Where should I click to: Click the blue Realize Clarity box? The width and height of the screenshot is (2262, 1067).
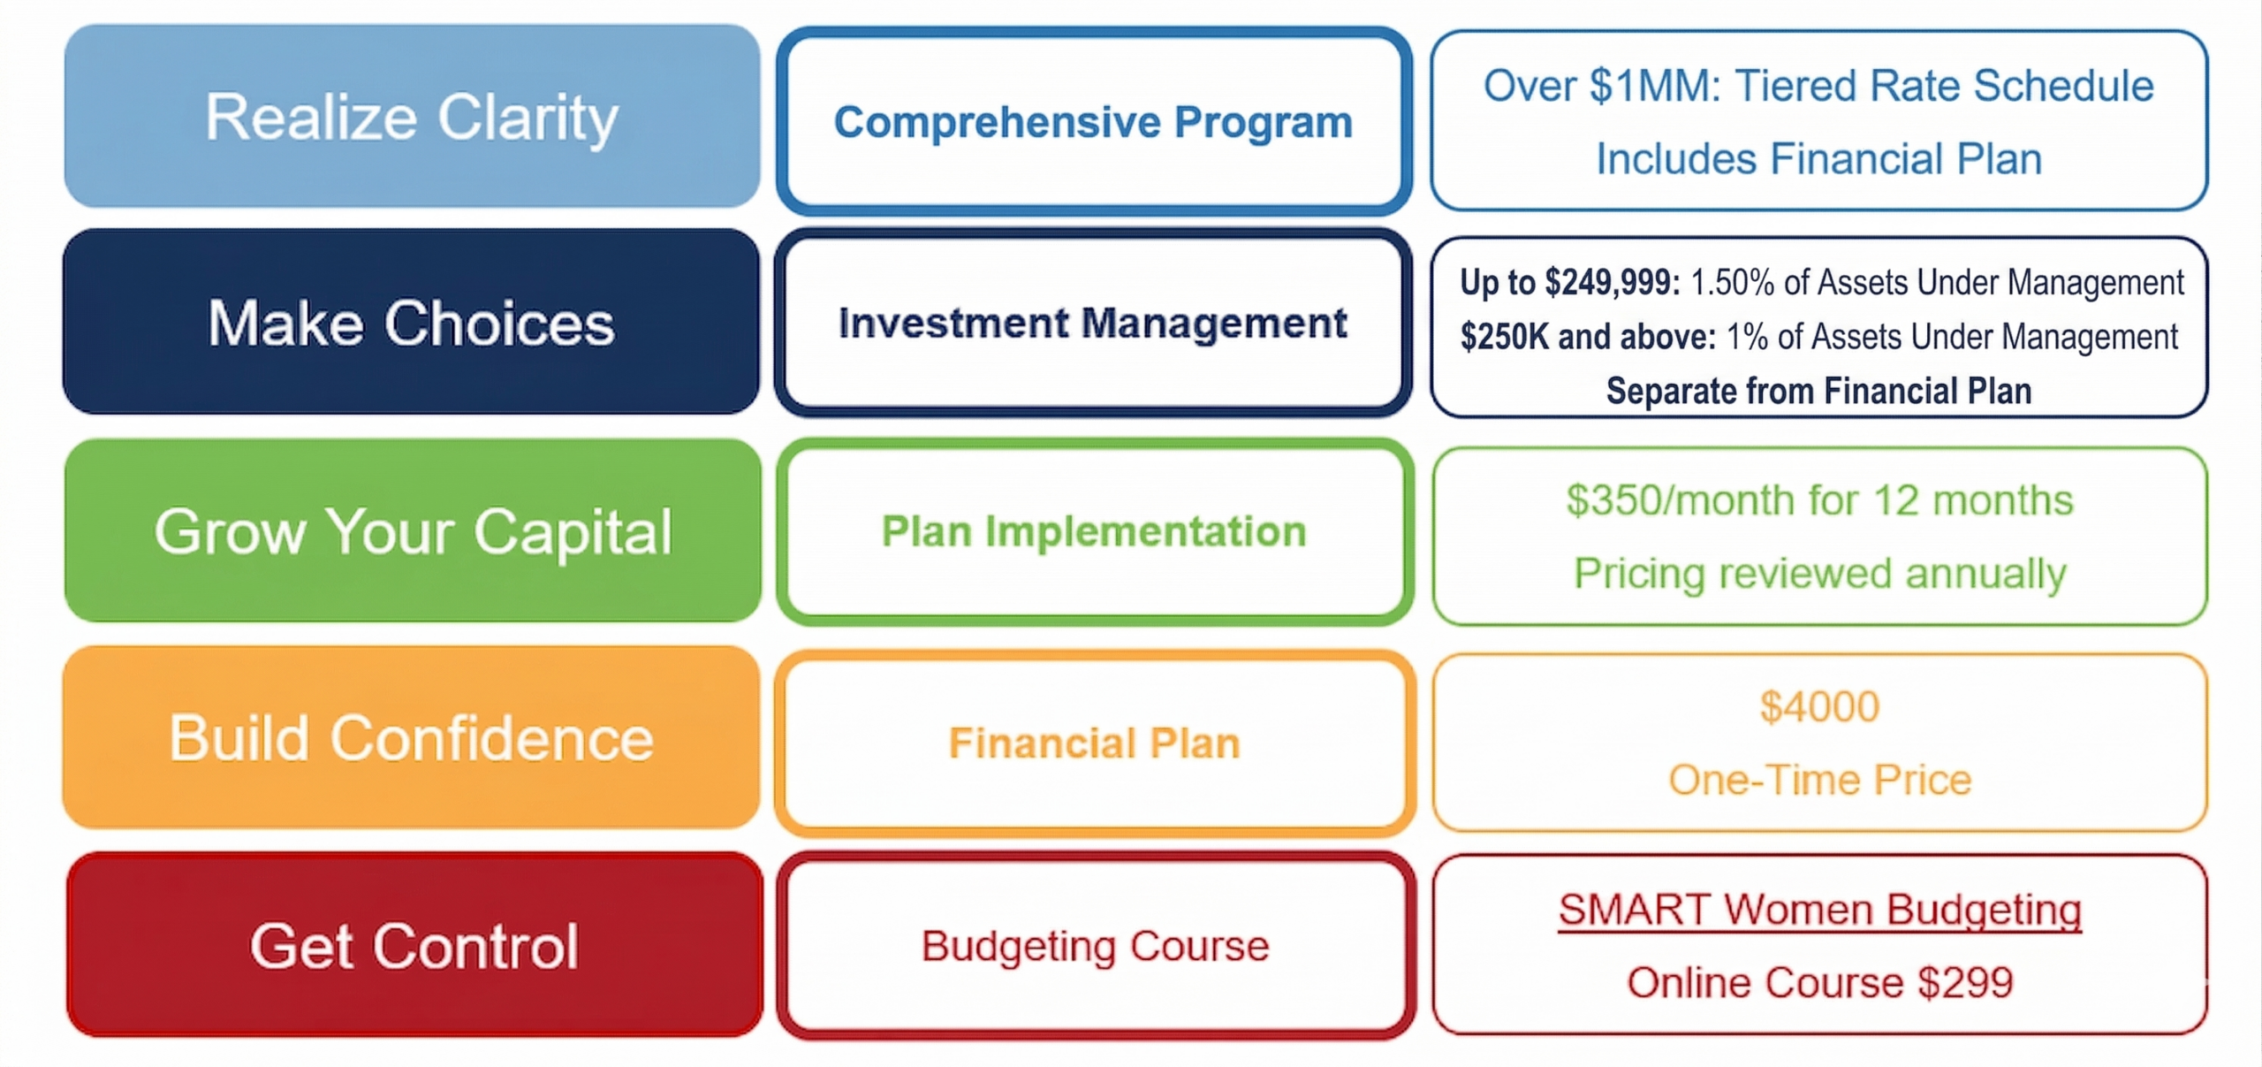point(412,116)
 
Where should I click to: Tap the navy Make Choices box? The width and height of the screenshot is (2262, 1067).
point(412,322)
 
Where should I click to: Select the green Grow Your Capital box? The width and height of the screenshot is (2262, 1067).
point(413,530)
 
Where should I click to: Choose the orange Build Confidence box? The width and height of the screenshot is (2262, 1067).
point(412,737)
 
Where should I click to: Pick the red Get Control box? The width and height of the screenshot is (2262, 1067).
point(414,945)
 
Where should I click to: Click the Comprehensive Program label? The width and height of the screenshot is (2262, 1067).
point(1093,122)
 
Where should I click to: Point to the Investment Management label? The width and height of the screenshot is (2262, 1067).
point(1093,323)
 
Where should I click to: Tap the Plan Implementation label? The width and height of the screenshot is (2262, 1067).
point(1094,531)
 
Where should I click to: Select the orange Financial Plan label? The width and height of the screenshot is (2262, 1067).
point(1095,743)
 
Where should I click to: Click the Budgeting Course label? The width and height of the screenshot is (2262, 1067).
point(1095,946)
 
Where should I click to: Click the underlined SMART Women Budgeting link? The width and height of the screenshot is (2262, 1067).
point(1820,910)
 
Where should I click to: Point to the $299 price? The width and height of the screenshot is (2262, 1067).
point(1966,982)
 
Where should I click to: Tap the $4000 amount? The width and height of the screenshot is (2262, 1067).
point(1819,706)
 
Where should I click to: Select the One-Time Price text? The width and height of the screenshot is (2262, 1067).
point(1820,780)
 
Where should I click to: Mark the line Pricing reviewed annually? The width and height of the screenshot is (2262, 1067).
point(1820,574)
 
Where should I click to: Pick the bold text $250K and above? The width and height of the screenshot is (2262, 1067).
point(1588,337)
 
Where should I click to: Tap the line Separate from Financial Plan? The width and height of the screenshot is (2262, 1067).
point(1818,391)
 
